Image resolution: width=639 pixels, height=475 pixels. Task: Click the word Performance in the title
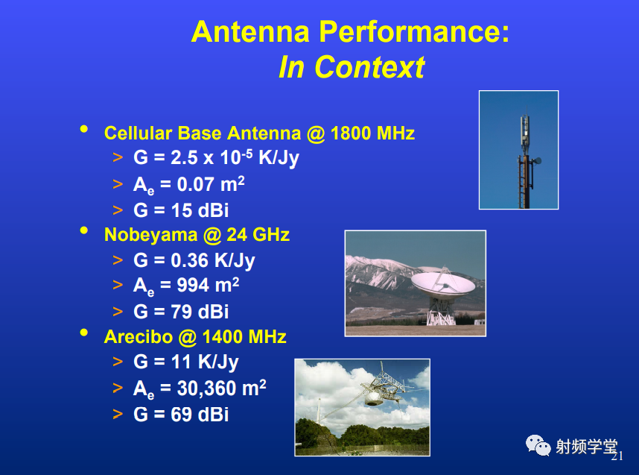pyautogui.click(x=413, y=32)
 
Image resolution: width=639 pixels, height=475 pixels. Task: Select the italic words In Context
pyautogui.click(x=352, y=67)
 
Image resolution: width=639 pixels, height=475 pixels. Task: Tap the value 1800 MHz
pyautogui.click(x=372, y=133)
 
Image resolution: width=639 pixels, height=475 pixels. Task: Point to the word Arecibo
pyautogui.click(x=139, y=337)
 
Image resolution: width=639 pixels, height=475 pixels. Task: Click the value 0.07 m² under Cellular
pyautogui.click(x=211, y=184)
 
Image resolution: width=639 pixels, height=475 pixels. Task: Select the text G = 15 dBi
pyautogui.click(x=181, y=210)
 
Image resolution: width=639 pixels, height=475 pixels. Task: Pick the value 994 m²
pyautogui.click(x=208, y=286)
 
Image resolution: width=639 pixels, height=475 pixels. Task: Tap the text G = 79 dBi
pyautogui.click(x=181, y=312)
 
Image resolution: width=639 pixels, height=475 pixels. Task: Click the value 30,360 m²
pyautogui.click(x=221, y=388)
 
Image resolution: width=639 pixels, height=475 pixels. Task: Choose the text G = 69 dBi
pyautogui.click(x=181, y=415)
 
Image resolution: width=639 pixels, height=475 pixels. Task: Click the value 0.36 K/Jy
pyautogui.click(x=213, y=261)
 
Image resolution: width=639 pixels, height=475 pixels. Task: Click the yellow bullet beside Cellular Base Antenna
pyautogui.click(x=84, y=129)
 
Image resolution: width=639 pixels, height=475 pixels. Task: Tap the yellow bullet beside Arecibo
pyautogui.click(x=84, y=333)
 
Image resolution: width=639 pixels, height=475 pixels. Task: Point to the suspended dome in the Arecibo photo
pyautogui.click(x=373, y=400)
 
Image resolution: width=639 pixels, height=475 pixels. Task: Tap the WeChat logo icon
pyautogui.click(x=538, y=445)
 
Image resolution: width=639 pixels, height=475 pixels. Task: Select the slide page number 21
pyautogui.click(x=617, y=456)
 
